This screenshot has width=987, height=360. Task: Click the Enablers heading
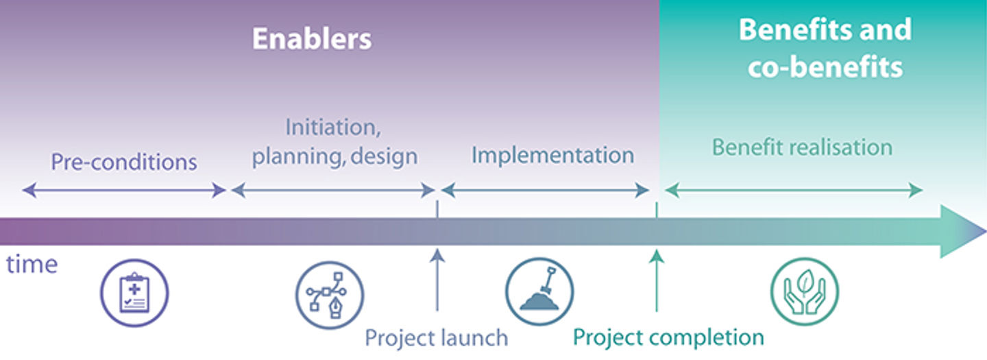pos(312,38)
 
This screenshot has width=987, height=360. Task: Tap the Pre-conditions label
pos(124,162)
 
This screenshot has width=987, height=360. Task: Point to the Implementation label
pos(552,155)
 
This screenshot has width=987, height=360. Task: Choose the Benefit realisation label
pos(802,147)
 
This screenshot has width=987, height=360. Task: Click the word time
pos(32,264)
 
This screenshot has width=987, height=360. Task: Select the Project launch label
pos(437,337)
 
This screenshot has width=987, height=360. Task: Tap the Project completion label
pos(668,337)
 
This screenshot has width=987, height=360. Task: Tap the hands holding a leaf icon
pos(804,291)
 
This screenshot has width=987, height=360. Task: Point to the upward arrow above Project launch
pos(437,281)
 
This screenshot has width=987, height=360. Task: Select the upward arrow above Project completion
pos(657,281)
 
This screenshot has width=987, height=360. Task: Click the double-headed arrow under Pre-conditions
pos(124,190)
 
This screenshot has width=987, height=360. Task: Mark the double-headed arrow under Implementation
pos(545,190)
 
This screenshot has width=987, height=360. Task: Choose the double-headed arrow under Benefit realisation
pos(794,190)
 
